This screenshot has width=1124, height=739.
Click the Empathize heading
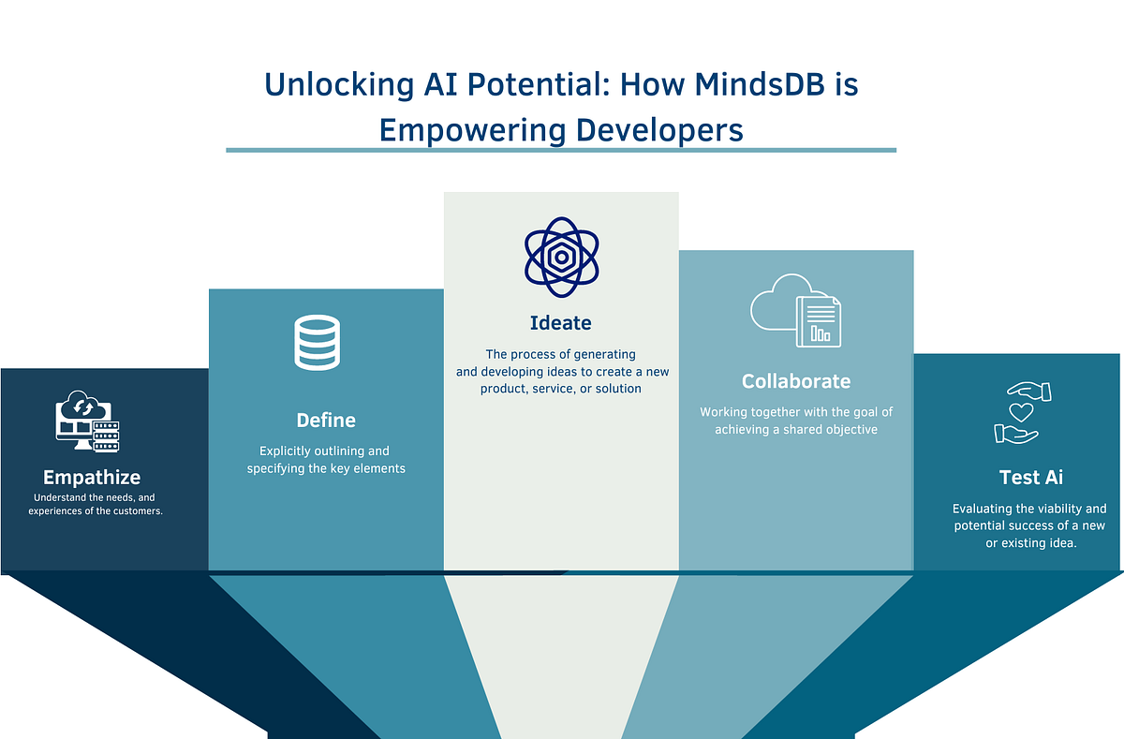[92, 478]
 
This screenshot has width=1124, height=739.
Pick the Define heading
[326, 420]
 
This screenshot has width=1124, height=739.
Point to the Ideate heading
[560, 323]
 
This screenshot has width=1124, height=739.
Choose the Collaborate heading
[796, 381]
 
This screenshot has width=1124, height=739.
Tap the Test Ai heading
[1031, 477]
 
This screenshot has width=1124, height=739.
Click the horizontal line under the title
[560, 150]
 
